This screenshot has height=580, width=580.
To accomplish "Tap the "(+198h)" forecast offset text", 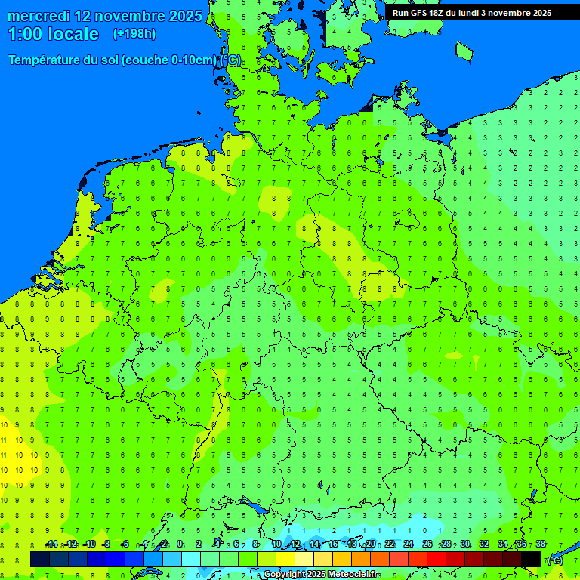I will click(134, 34).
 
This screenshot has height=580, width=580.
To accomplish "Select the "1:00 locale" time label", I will click(53, 34).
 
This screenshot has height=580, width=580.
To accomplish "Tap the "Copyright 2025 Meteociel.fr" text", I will click(321, 575).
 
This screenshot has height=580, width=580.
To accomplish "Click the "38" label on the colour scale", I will click(539, 545).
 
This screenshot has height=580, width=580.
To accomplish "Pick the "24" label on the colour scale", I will click(408, 545).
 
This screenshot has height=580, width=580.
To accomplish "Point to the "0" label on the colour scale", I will click(180, 545).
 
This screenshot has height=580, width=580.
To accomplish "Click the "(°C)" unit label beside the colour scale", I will click(554, 560).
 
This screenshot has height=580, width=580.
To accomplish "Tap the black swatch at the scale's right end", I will click(531, 559).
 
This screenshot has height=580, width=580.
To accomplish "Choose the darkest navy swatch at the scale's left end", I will click(40, 559).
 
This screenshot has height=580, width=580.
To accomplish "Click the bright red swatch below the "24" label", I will click(418, 559).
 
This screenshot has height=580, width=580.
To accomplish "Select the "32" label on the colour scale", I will click(483, 545).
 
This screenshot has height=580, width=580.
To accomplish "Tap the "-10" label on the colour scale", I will click(88, 545).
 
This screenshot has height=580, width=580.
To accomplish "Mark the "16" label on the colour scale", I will click(332, 545).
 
